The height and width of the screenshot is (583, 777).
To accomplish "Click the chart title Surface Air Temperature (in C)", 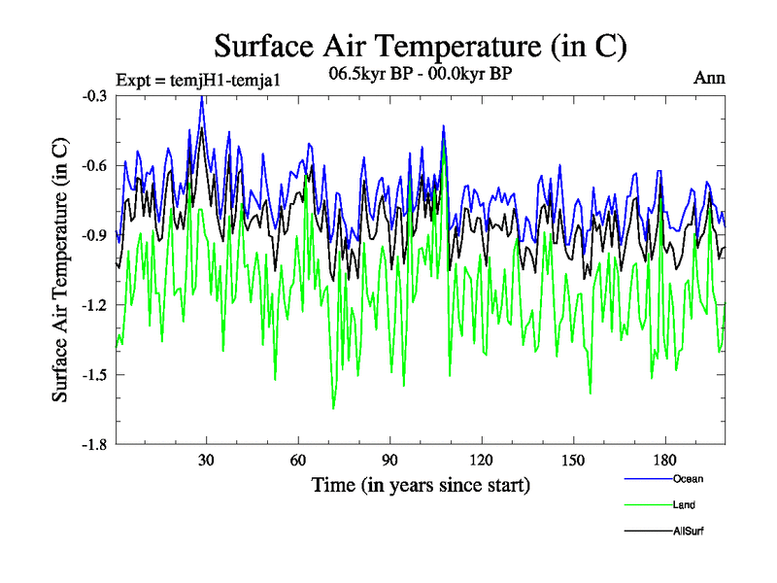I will point(421,47).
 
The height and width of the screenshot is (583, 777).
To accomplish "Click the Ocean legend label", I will point(688,479).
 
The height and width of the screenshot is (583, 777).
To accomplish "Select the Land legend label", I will point(684,504).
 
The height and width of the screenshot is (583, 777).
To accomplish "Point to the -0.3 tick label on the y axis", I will point(95,96).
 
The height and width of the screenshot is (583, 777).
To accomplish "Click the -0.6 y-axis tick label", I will point(95,166).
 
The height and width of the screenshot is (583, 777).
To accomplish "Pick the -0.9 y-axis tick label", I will point(95,235).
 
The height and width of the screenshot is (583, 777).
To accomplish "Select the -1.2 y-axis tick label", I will point(95,305).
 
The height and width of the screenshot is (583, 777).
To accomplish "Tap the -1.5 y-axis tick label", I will point(95,375).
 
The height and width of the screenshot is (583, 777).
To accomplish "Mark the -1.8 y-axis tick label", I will point(95,444).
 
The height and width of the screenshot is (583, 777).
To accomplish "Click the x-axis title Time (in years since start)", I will point(421,484).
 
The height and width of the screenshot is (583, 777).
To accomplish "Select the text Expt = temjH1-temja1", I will point(198,80).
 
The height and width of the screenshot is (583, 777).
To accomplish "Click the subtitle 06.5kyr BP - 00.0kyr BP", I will point(421,74).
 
